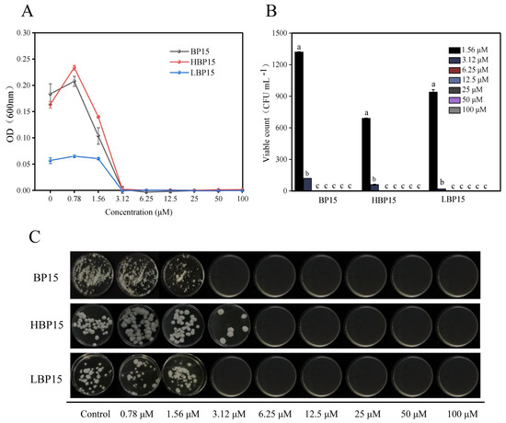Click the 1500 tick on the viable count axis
(x=286, y=32)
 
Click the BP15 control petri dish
(x=91, y=271)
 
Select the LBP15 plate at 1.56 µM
(x=185, y=379)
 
